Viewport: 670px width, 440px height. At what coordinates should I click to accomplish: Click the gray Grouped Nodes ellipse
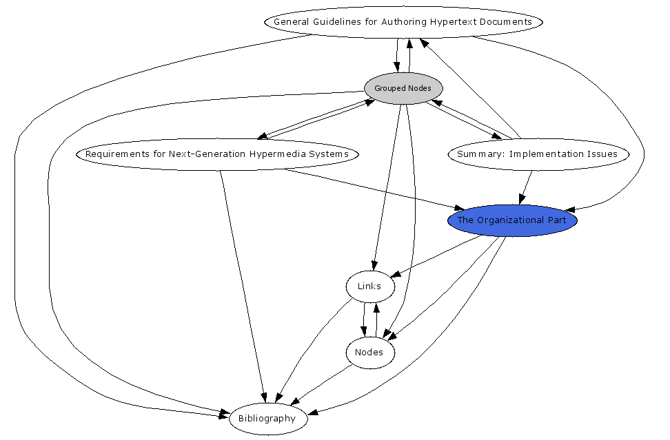[x=403, y=88]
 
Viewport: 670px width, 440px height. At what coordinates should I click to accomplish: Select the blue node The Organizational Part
[x=512, y=220]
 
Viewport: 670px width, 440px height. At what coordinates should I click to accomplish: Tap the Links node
[x=369, y=286]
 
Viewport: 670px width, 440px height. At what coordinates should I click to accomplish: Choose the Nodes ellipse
[x=369, y=353]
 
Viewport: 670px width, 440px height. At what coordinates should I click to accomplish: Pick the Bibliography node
[x=267, y=418]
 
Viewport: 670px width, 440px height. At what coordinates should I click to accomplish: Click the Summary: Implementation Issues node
[x=538, y=154]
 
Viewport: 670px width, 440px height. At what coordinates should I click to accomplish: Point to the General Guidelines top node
[x=403, y=21]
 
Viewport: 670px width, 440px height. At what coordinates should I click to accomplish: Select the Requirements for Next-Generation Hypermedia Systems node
[x=217, y=154]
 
